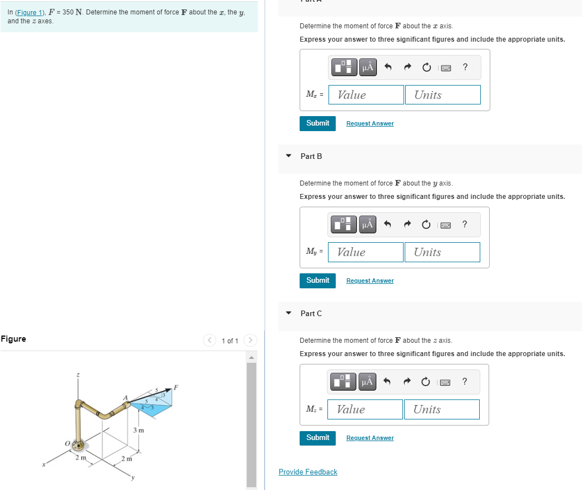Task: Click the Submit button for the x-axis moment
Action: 317,123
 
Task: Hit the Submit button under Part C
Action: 317,438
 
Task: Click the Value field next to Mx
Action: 366,95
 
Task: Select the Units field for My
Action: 442,252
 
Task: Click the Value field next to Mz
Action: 365,409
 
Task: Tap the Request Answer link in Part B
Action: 370,281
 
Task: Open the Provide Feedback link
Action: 307,472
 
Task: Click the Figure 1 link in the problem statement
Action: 28,12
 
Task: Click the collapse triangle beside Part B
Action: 288,156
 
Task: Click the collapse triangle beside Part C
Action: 288,313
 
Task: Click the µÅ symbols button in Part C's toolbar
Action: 367,382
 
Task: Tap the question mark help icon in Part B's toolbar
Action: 465,224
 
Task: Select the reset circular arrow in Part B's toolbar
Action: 426,224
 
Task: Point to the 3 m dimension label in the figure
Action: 138,430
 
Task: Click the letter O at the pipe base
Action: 66,443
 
